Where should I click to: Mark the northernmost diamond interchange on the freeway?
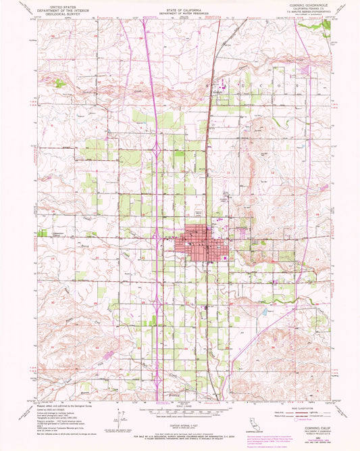point(156,147)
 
